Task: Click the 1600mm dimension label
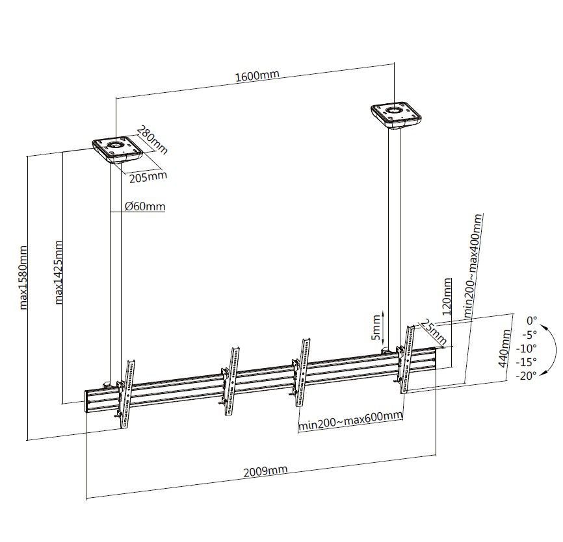click(257, 76)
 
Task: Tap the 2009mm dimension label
click(265, 471)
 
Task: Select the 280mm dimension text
click(152, 140)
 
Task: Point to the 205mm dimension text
click(148, 177)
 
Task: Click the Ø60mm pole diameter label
click(145, 206)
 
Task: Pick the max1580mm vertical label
click(23, 277)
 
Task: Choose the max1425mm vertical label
click(58, 272)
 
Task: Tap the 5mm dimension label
click(376, 327)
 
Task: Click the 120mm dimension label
click(447, 297)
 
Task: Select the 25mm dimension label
click(434, 332)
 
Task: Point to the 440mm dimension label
click(504, 348)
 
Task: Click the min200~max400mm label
click(473, 265)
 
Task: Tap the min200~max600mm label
click(350, 421)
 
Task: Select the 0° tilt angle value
click(532, 320)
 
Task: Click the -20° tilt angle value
click(527, 376)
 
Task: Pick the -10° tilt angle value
click(527, 348)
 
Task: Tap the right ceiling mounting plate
click(396, 116)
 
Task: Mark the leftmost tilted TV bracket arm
click(125, 394)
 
